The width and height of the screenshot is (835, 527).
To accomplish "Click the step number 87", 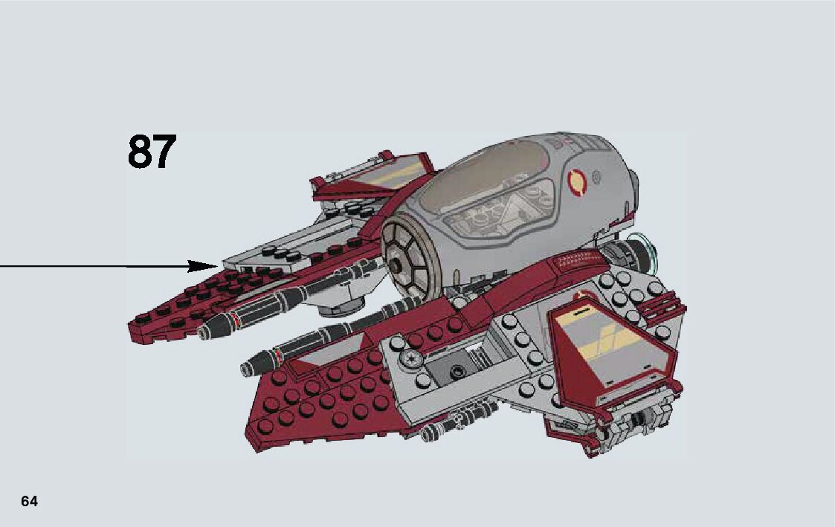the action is tap(152, 152).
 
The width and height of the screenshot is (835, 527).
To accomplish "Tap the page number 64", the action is tap(29, 502).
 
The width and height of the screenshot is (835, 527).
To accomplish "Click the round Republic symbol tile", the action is tap(410, 360).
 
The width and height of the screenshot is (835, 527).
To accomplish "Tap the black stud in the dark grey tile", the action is tap(455, 369).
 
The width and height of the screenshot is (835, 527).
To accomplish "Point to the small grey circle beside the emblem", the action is tap(594, 177).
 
